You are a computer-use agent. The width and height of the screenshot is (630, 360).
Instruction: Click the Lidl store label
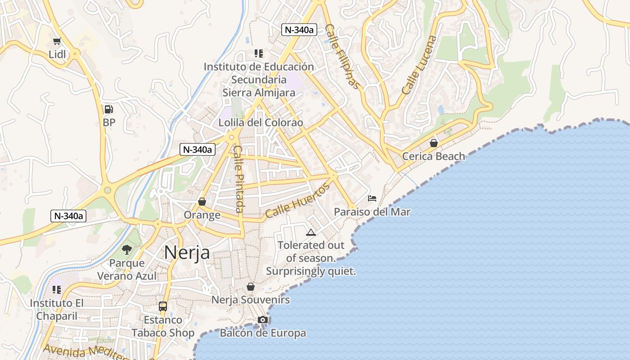click(57, 54)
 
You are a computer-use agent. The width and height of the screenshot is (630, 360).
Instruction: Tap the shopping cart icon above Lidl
click(57, 41)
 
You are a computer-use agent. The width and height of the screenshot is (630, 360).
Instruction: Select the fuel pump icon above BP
click(108, 109)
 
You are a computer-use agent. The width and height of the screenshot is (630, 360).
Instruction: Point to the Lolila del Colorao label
click(261, 122)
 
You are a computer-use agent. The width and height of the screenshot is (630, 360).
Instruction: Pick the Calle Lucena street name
click(419, 65)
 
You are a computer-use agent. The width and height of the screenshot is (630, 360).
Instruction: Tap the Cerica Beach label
click(433, 156)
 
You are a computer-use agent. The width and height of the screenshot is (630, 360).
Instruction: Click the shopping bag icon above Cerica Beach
click(433, 143)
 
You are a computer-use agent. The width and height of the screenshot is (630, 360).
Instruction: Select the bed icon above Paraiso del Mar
click(372, 198)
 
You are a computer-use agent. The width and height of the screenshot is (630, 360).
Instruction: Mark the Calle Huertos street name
click(297, 202)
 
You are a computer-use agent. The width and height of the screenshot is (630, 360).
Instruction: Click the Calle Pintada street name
click(238, 179)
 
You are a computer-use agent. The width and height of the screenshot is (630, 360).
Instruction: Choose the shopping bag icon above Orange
click(202, 202)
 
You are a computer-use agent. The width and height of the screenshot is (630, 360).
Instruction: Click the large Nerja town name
click(187, 252)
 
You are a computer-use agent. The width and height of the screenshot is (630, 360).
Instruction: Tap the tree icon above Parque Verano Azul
click(127, 249)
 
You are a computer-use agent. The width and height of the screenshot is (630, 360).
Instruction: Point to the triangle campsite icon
click(310, 232)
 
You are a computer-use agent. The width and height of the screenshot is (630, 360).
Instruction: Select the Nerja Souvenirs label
click(251, 300)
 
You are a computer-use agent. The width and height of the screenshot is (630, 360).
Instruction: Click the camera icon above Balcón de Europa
click(263, 319)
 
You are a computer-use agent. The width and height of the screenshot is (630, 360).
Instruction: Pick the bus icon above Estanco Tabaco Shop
click(163, 306)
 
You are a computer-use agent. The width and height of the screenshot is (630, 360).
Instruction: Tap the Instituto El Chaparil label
click(57, 309)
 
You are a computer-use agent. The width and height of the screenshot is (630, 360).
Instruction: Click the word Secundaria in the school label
click(259, 80)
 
